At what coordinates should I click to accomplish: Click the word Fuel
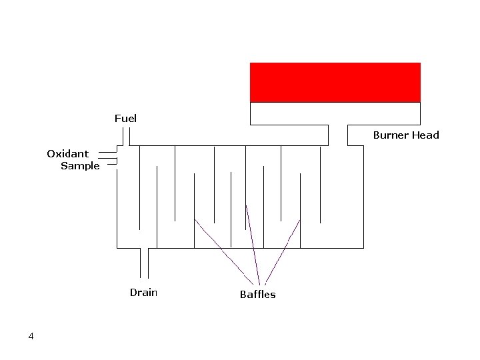(125, 119)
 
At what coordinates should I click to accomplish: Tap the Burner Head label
(405, 135)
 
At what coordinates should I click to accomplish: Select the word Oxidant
(67, 154)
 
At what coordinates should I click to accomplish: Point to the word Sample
(80, 166)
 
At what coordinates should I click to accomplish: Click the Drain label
(143, 293)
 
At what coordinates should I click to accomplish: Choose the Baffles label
(257, 295)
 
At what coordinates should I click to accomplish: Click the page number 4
(31, 336)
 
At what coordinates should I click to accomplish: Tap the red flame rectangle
(335, 82)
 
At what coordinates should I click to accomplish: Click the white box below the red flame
(335, 113)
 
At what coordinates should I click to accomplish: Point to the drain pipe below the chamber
(144, 263)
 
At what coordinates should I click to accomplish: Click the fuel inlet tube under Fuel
(125, 137)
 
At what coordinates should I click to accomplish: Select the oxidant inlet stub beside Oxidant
(108, 153)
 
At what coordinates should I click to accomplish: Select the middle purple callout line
(252, 243)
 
